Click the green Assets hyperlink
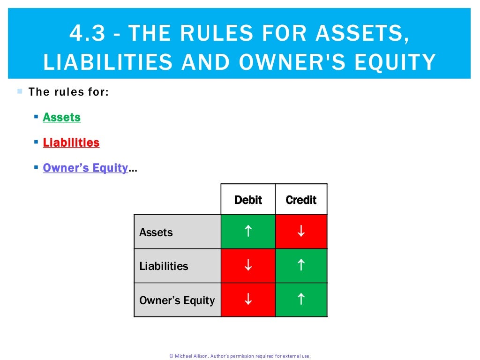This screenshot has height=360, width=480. point(61,117)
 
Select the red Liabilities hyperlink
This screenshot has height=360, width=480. point(71,142)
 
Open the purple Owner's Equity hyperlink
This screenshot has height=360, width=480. point(85,168)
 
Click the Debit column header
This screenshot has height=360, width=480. point(248,200)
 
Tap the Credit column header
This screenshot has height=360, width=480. point(301,200)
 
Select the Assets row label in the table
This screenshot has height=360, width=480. point(156,232)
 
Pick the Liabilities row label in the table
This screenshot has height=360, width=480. point(164,266)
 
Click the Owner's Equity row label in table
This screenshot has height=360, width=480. point(177,300)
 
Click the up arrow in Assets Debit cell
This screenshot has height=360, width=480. point(248,231)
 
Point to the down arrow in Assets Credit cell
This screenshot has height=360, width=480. point(301,231)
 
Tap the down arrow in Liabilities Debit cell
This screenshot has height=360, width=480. point(248,266)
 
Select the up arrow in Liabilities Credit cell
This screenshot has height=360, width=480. point(301,265)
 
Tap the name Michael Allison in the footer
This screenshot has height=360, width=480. point(191,356)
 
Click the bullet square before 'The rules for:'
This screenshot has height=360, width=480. point(20,91)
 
